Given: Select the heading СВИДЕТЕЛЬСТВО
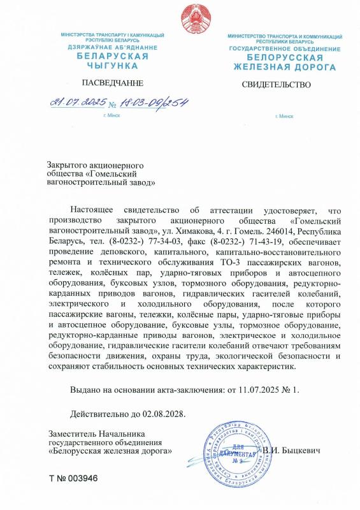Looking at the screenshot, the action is [x=276, y=84].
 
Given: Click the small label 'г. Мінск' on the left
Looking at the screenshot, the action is [x=112, y=115].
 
